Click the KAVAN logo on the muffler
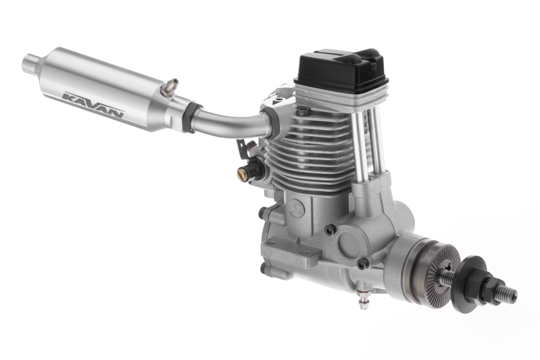[93, 104]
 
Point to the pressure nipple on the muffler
[170, 88]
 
